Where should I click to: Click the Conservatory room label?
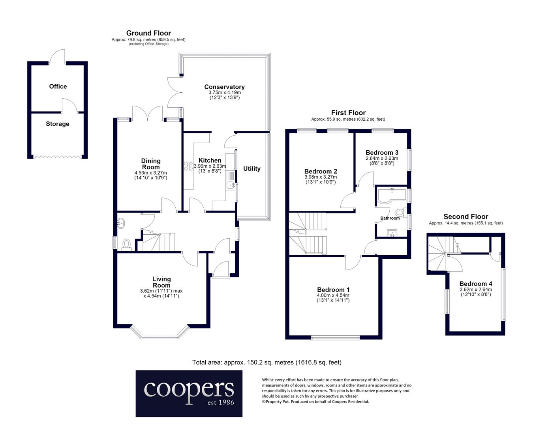point(224,87)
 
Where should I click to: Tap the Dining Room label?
point(151,164)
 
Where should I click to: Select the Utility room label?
point(251,169)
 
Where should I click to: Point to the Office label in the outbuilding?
point(58,86)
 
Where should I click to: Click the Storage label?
point(58,124)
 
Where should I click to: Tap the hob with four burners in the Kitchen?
point(188,166)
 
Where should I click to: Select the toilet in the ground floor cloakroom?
point(127,244)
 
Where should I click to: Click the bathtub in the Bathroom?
point(391,195)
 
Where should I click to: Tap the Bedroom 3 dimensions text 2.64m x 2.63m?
point(382,158)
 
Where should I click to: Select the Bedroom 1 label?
point(333,290)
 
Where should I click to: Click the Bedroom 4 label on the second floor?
point(476,284)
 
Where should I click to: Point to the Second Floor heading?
point(466,217)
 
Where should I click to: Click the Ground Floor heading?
point(148,33)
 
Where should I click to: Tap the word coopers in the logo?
point(189,389)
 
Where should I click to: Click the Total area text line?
point(267,362)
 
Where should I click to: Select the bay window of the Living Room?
point(160,333)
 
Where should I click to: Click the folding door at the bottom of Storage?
point(58,157)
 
